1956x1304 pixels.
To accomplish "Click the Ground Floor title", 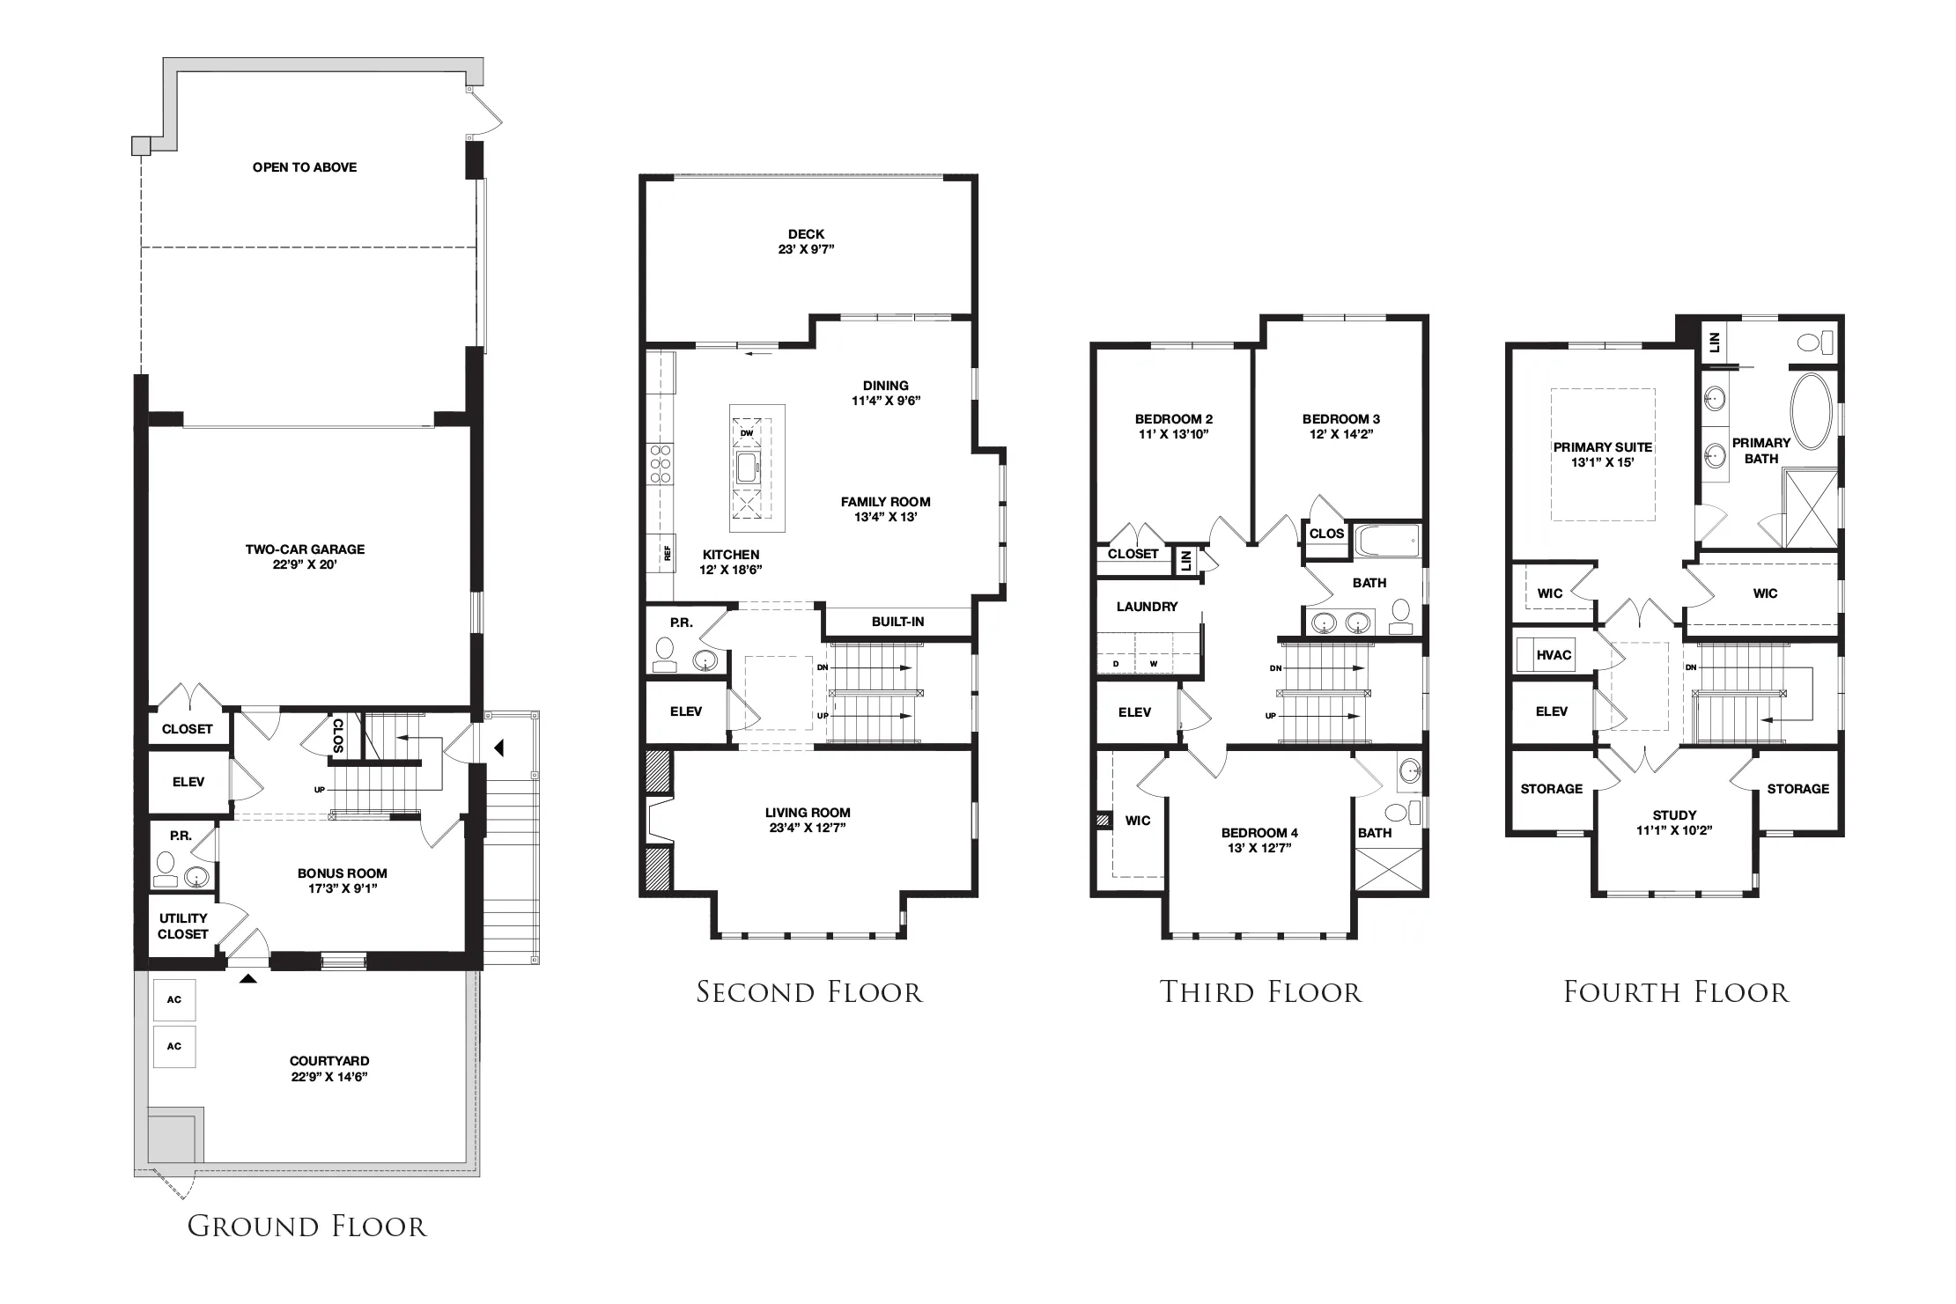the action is tap(306, 1227).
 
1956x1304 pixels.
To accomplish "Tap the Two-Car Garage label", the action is tap(305, 549).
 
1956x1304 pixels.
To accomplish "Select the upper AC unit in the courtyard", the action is tap(174, 999).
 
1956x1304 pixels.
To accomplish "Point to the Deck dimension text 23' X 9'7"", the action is tap(806, 249).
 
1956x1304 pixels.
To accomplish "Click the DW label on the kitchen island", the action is tap(747, 433).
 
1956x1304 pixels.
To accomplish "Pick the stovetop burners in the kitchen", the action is tap(661, 464).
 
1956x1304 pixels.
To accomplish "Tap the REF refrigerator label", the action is tap(668, 554).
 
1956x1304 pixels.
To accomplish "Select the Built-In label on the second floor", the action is tap(897, 622).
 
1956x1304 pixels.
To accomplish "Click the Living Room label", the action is tap(808, 813).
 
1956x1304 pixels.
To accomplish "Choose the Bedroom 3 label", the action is tap(1340, 419).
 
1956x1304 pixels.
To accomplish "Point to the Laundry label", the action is tap(1147, 607).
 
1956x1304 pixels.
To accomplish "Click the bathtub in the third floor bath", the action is tap(1387, 541).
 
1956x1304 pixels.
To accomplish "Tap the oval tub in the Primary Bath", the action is tap(1811, 412).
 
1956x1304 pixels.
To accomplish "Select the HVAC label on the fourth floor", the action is tap(1554, 655).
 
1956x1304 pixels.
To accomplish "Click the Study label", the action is tap(1674, 815).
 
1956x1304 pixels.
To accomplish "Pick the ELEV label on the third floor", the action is tap(1134, 712).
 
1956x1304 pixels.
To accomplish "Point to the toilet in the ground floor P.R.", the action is tap(165, 866).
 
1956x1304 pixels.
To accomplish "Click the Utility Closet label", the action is tap(183, 926).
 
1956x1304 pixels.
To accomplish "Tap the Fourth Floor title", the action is tap(1676, 992).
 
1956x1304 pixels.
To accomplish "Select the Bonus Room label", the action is tap(342, 873).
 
